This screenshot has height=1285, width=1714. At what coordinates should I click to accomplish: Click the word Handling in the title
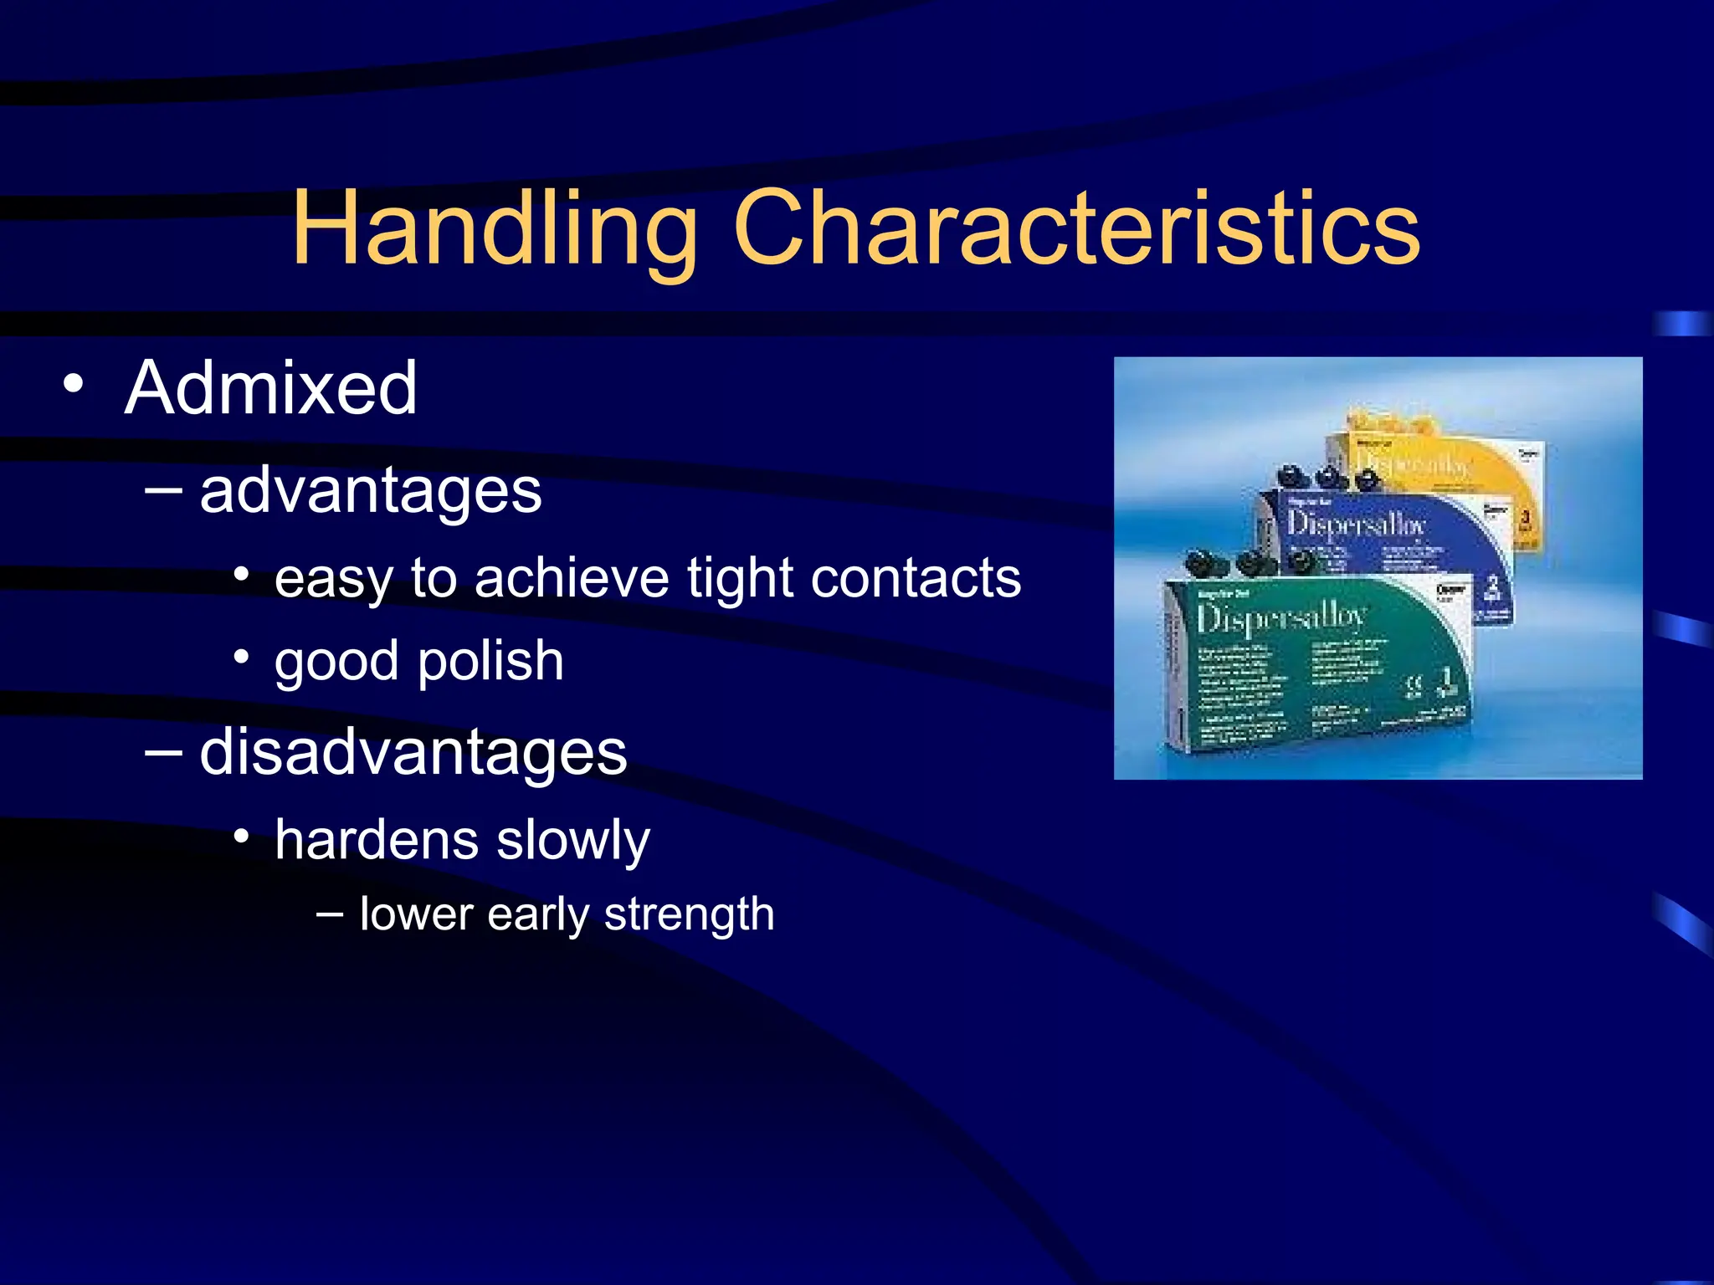[x=494, y=229]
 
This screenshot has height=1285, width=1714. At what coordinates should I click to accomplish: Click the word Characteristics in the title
[x=1076, y=229]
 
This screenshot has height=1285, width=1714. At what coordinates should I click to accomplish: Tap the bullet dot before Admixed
[x=74, y=384]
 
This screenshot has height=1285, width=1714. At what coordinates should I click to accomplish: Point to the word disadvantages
[x=413, y=751]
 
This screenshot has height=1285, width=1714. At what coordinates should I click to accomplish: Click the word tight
[x=739, y=578]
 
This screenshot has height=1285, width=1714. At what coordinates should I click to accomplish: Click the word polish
[x=490, y=661]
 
